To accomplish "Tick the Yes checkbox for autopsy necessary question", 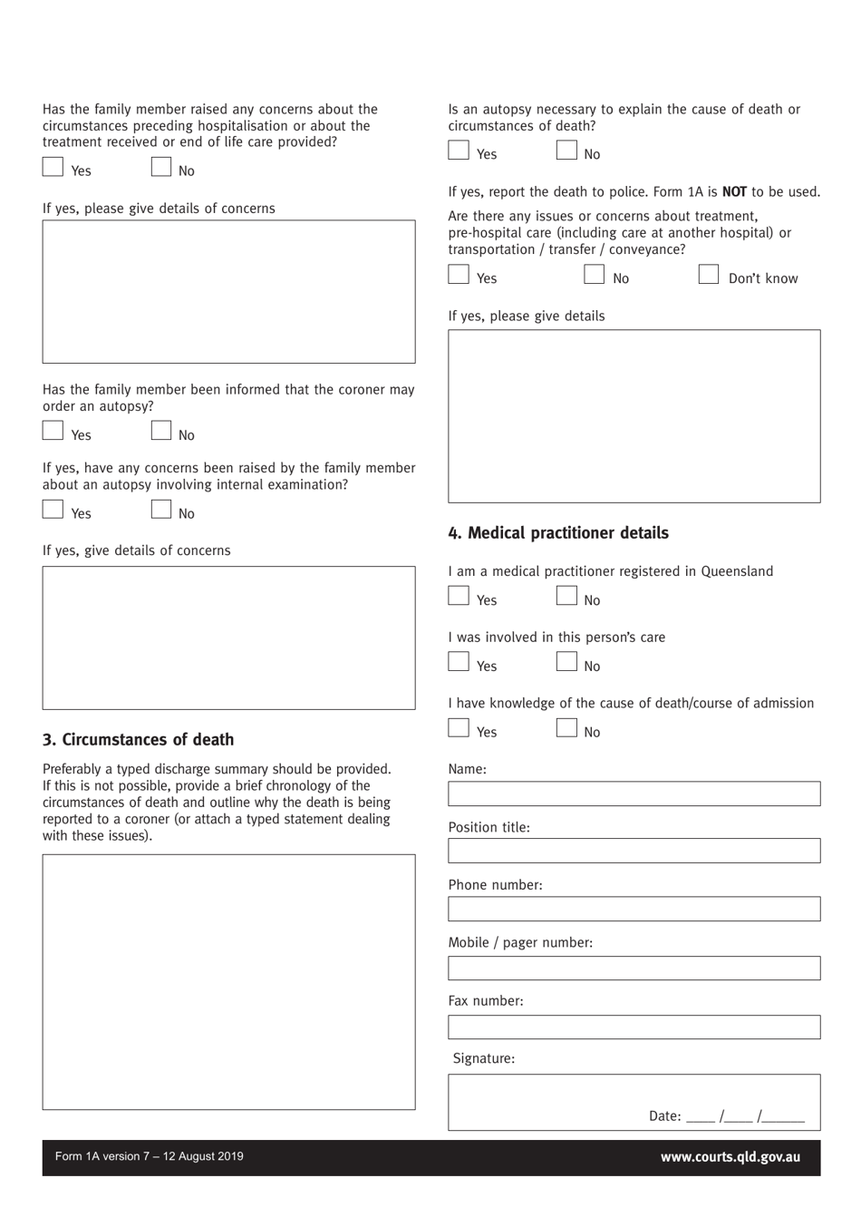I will [459, 151].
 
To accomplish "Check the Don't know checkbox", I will [709, 275].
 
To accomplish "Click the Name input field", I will [634, 793].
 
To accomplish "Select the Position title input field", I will [634, 851].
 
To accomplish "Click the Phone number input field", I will [634, 909].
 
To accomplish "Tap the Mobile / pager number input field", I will [634, 968].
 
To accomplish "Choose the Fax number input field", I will [634, 1027].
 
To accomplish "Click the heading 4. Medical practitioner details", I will [558, 533].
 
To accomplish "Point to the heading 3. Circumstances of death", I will [138, 740].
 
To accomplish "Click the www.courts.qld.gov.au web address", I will [730, 1157].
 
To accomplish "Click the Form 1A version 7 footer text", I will [150, 1156].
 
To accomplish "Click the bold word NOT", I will [734, 192].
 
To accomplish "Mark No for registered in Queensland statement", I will [566, 597].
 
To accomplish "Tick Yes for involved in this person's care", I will [459, 663].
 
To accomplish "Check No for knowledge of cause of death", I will [566, 728].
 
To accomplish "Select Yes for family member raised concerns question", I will [53, 167].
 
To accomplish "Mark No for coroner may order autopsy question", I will [161, 432].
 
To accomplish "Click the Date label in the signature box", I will [664, 1116].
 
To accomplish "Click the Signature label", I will [483, 1058].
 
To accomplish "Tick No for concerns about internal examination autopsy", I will [161, 510].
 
